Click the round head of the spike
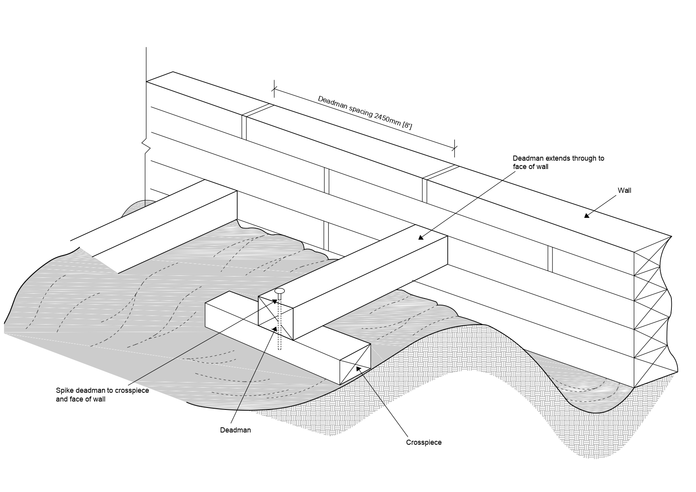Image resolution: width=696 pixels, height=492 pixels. coord(279,291)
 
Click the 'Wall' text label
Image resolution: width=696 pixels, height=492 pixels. coord(624,190)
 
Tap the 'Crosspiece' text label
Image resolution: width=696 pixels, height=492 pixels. coord(424,442)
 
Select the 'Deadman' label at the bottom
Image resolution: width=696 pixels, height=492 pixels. coord(235,430)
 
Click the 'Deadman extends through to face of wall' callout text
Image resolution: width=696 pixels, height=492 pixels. coord(558,162)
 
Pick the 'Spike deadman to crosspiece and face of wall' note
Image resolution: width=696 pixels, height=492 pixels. coord(102,395)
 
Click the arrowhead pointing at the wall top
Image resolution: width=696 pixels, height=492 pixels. coord(587,215)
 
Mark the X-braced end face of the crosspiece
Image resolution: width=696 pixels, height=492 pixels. coord(355,364)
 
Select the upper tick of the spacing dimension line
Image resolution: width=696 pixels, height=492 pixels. coord(274,88)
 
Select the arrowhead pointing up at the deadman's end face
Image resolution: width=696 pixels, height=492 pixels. coord(274,328)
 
